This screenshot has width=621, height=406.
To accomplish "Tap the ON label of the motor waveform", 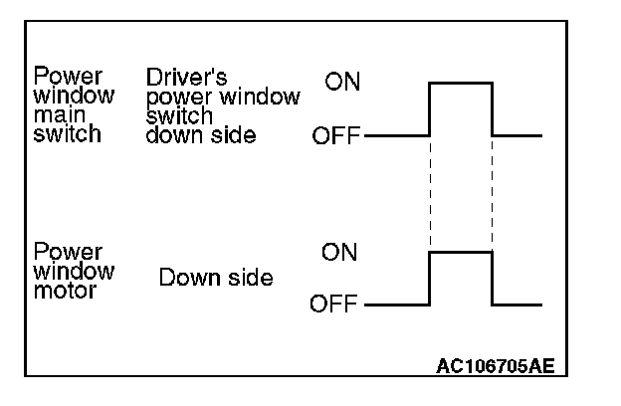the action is [x=339, y=253].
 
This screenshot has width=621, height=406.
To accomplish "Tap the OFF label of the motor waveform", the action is [x=336, y=304].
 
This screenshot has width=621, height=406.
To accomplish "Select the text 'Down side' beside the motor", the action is [x=216, y=278].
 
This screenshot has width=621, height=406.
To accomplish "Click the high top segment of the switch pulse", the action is [x=461, y=84].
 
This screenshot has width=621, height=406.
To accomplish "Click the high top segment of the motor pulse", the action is [x=461, y=253].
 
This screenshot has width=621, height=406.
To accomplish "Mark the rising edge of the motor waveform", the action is [x=429, y=279].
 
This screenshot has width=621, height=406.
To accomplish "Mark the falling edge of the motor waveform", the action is [x=493, y=279].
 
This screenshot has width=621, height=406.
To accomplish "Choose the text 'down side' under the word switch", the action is [x=200, y=135].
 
